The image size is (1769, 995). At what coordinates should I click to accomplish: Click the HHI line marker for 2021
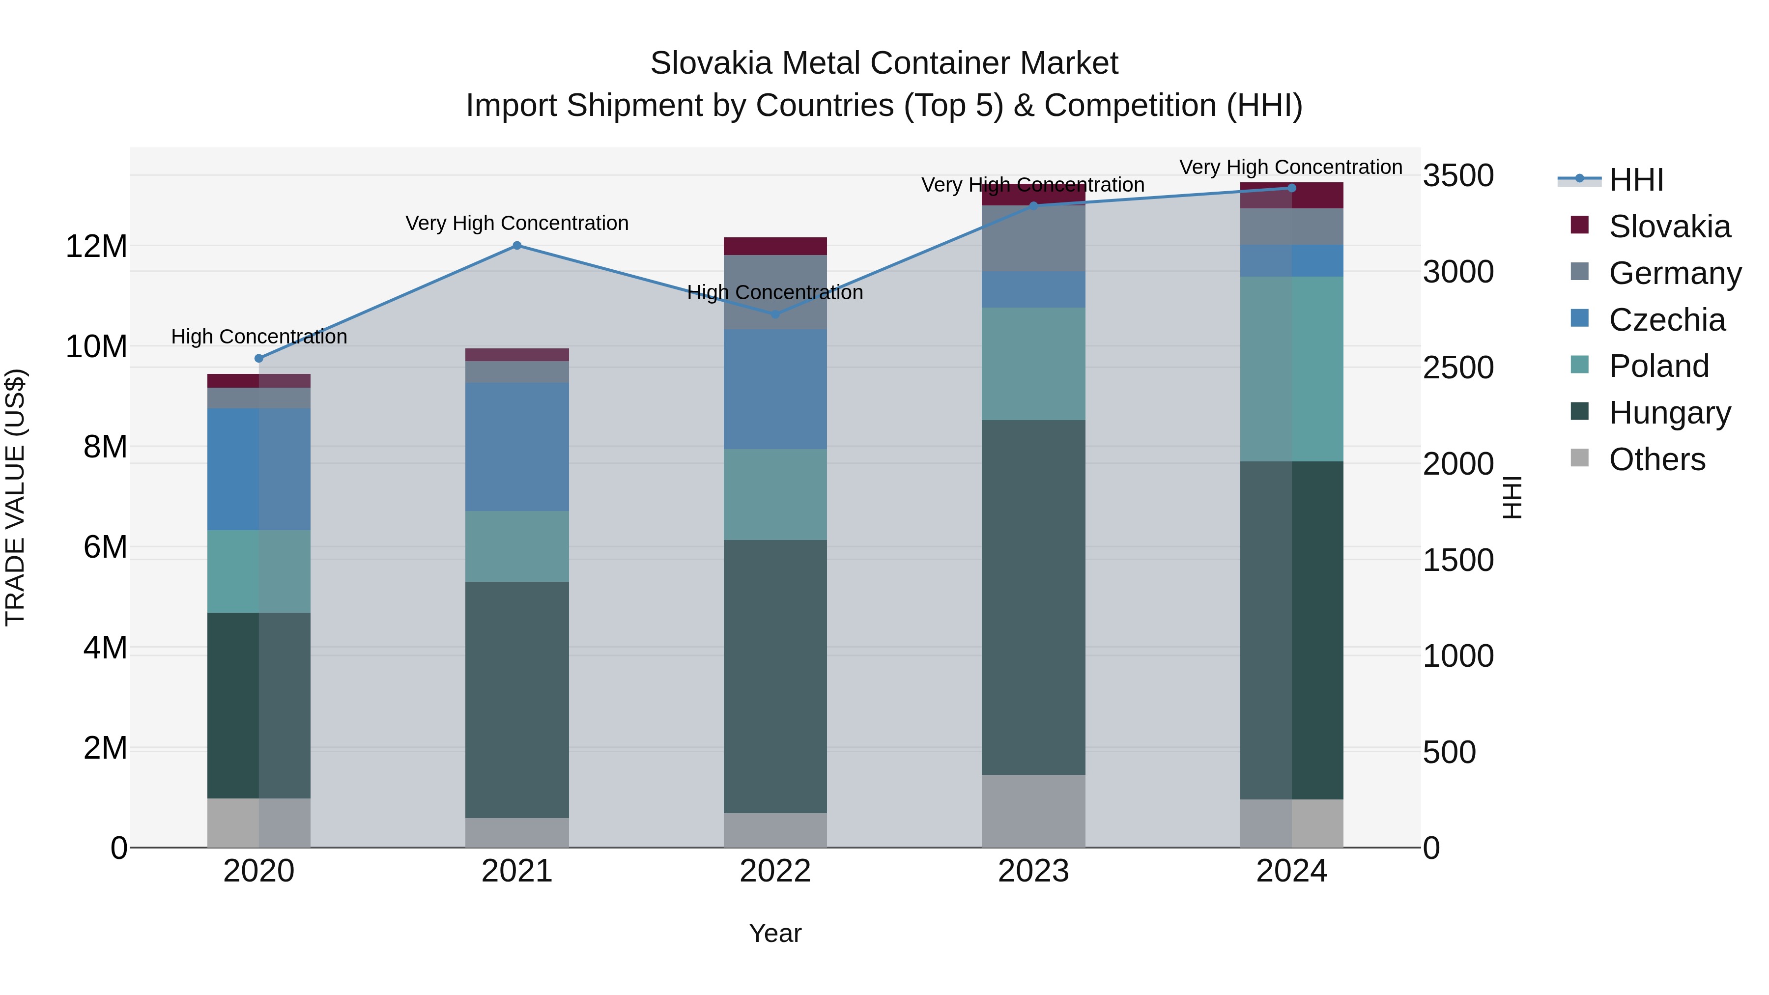click(517, 245)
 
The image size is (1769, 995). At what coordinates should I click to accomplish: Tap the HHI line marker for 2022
click(775, 314)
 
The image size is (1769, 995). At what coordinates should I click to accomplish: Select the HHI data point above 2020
click(259, 359)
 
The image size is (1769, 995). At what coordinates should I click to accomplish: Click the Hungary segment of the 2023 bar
click(1033, 597)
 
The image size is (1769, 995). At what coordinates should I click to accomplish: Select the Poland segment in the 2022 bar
click(775, 494)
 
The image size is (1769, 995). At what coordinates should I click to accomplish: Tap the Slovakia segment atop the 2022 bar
click(775, 246)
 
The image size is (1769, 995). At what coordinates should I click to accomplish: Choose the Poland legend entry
click(1658, 366)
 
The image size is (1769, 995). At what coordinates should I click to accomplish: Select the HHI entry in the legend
click(1636, 180)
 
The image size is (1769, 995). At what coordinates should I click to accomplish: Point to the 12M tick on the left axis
click(96, 246)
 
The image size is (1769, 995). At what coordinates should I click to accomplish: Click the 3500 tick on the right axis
click(1457, 176)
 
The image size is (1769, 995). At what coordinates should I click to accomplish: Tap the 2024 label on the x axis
click(1291, 871)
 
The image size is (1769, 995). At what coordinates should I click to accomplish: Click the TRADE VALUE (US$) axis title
click(15, 497)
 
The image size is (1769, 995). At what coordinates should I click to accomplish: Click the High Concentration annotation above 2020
click(259, 337)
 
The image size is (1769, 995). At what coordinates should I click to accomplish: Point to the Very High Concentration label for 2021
click(516, 223)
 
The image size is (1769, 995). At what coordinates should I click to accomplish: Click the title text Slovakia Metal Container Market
click(884, 63)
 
